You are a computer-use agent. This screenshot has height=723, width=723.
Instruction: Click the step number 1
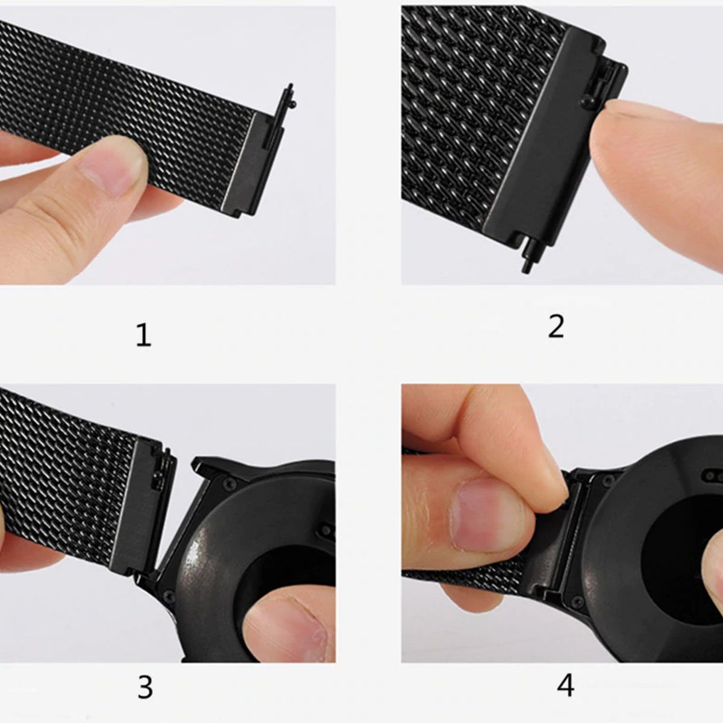pyautogui.click(x=143, y=335)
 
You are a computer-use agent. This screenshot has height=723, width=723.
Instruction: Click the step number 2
pyautogui.click(x=556, y=327)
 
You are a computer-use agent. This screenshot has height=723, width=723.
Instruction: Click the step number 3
pyautogui.click(x=145, y=687)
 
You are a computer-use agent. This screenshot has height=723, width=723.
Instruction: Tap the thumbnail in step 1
pyautogui.click(x=114, y=163)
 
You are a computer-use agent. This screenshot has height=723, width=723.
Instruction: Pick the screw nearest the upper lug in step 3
pyautogui.click(x=230, y=483)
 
